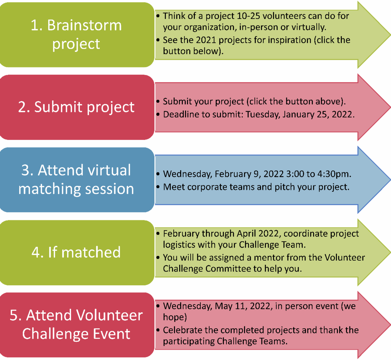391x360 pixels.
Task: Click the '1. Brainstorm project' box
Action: pyautogui.click(x=76, y=35)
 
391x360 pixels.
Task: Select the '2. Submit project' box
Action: pyautogui.click(x=76, y=107)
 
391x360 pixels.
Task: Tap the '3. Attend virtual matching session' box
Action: pyautogui.click(x=76, y=180)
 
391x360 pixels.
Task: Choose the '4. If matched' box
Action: pyautogui.click(x=76, y=252)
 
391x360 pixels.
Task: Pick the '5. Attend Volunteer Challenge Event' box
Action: pyautogui.click(x=76, y=325)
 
